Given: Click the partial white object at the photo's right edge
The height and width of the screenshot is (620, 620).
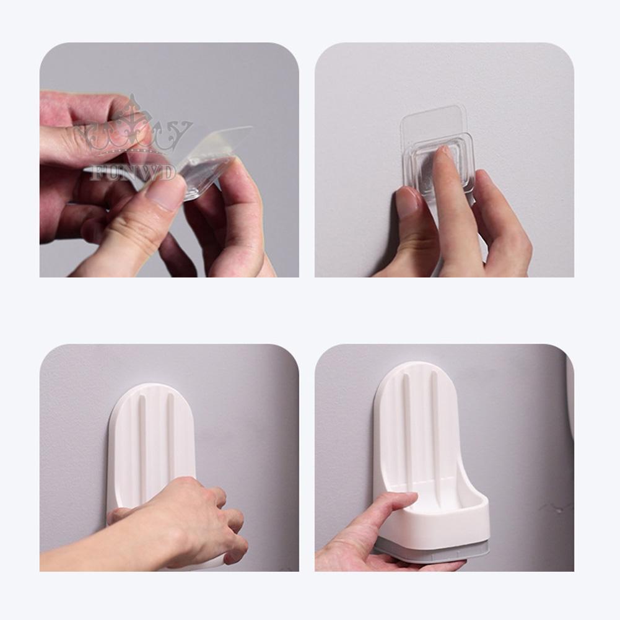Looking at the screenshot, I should (569, 396).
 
